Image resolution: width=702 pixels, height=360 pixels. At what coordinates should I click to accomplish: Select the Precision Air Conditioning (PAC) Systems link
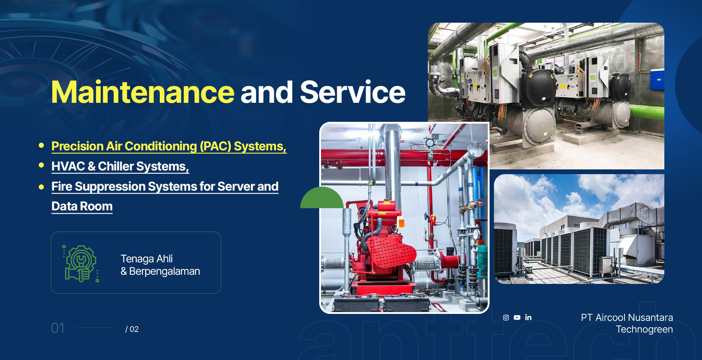[169, 146]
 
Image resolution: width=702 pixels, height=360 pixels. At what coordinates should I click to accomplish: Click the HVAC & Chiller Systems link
[120, 166]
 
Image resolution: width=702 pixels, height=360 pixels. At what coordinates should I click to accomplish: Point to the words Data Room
[82, 206]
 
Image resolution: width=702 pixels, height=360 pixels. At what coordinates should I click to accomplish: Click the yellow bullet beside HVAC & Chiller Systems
[41, 165]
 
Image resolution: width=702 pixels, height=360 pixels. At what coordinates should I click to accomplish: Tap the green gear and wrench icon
[80, 263]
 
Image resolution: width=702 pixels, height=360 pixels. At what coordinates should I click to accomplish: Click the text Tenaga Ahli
[147, 259]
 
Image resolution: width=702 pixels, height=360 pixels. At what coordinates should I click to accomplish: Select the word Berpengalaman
[165, 271]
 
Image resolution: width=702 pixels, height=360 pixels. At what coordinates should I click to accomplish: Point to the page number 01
[58, 328]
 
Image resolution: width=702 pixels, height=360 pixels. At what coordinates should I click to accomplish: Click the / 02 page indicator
[132, 329]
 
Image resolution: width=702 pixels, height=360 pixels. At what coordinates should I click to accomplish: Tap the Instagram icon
[506, 318]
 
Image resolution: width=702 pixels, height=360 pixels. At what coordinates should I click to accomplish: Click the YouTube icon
[517, 318]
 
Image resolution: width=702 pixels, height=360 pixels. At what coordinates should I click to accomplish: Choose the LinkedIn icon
[528, 318]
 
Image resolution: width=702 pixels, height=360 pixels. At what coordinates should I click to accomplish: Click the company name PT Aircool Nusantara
[627, 318]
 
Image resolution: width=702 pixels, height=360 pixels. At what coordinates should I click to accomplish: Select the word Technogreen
[645, 329]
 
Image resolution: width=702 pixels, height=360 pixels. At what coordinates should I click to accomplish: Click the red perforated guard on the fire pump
[393, 251]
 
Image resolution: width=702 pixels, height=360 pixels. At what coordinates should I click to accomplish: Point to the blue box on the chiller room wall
[657, 79]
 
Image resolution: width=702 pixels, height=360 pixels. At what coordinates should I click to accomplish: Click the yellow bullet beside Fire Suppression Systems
[41, 187]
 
